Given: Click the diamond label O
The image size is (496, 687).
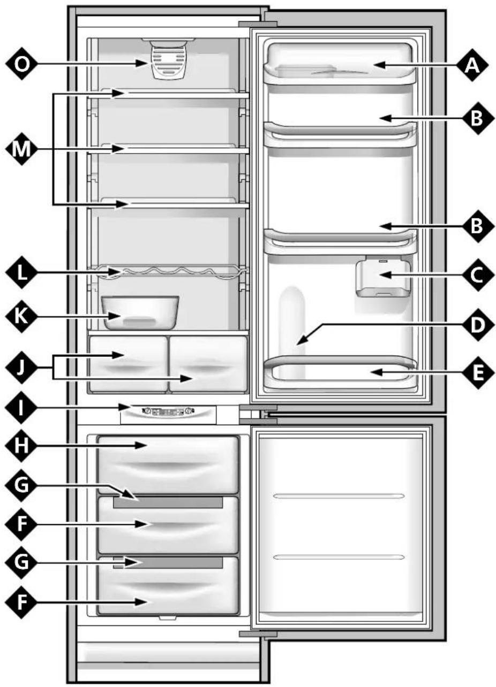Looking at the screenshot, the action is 21,64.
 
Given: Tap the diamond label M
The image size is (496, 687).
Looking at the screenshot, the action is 21,149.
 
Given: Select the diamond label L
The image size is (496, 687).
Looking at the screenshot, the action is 21,272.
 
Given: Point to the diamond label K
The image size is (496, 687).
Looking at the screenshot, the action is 21,316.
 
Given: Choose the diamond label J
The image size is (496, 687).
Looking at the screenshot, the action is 21,368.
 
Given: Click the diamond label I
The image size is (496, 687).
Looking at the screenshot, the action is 21,408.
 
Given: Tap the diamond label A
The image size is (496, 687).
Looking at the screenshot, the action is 472,65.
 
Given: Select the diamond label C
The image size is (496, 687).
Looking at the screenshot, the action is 476,275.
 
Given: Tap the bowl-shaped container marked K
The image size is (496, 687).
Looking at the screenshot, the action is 141,312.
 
